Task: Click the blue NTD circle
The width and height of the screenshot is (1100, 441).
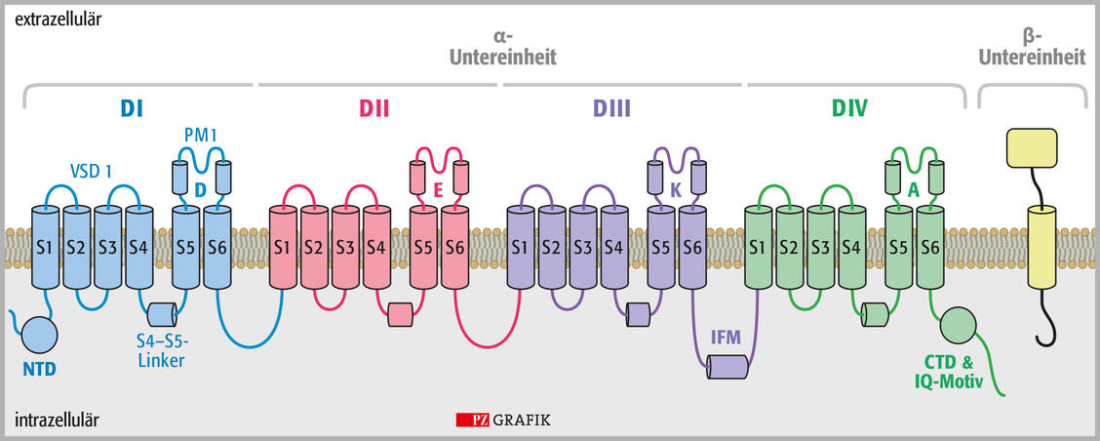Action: pos(39,334)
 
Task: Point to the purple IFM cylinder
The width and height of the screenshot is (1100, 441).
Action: pos(727,367)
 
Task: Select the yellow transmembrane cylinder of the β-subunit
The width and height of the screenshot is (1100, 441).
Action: pos(1040,249)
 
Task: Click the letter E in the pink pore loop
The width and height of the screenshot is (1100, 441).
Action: pos(438,190)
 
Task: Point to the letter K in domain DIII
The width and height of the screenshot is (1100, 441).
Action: pos(676,190)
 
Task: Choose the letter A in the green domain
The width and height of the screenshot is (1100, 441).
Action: pos(913,190)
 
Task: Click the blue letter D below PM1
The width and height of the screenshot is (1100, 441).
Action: pos(199,190)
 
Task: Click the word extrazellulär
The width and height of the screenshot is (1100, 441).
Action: pos(57,19)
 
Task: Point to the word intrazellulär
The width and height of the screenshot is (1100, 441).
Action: pos(57,421)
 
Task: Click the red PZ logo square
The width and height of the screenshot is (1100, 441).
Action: pos(472,421)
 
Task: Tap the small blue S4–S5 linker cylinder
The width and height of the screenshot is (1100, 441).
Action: pos(164,314)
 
